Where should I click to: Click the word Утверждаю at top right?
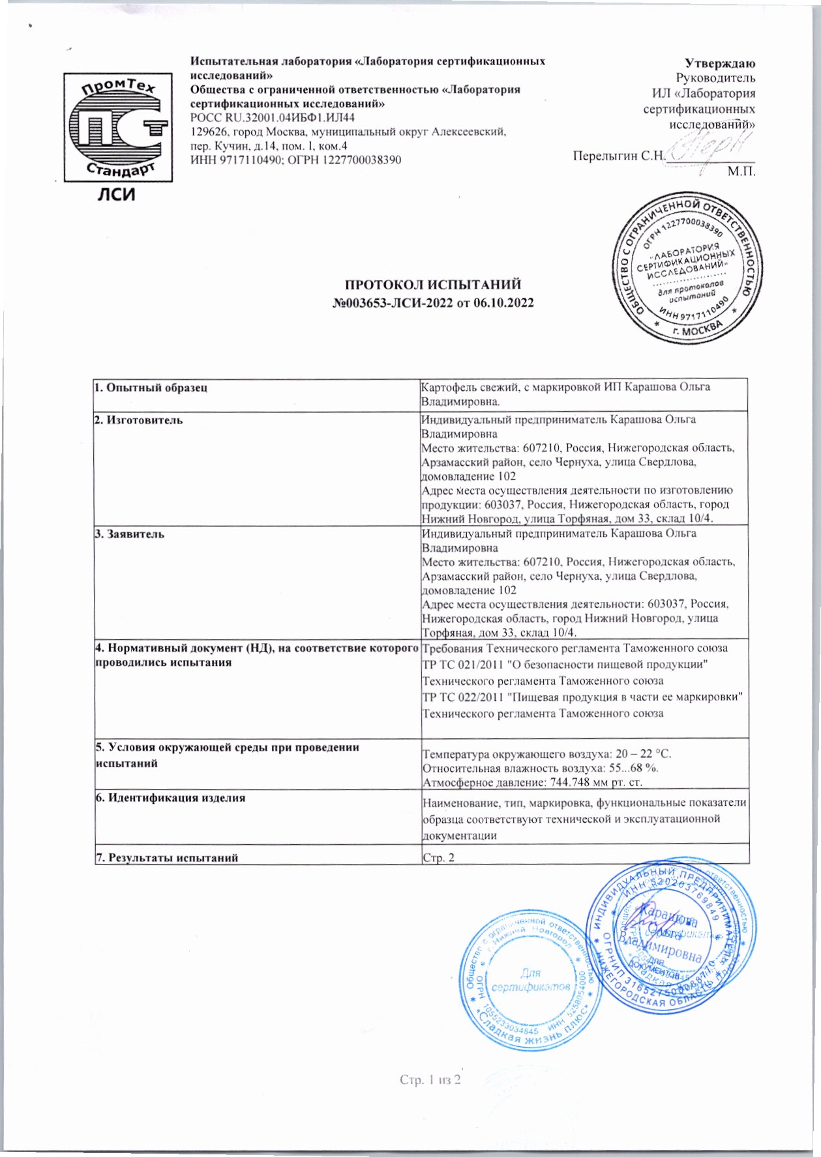click(720, 64)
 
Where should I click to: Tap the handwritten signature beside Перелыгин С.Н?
click(708, 149)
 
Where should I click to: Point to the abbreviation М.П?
click(741, 172)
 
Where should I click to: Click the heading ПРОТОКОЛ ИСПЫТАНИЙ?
click(433, 285)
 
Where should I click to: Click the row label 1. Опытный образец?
click(151, 388)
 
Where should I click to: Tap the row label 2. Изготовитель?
click(138, 420)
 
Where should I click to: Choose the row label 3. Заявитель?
click(130, 534)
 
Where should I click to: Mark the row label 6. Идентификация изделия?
click(170, 797)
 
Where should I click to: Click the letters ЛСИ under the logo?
click(116, 194)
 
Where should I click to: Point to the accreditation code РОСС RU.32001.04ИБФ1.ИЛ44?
click(273, 118)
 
